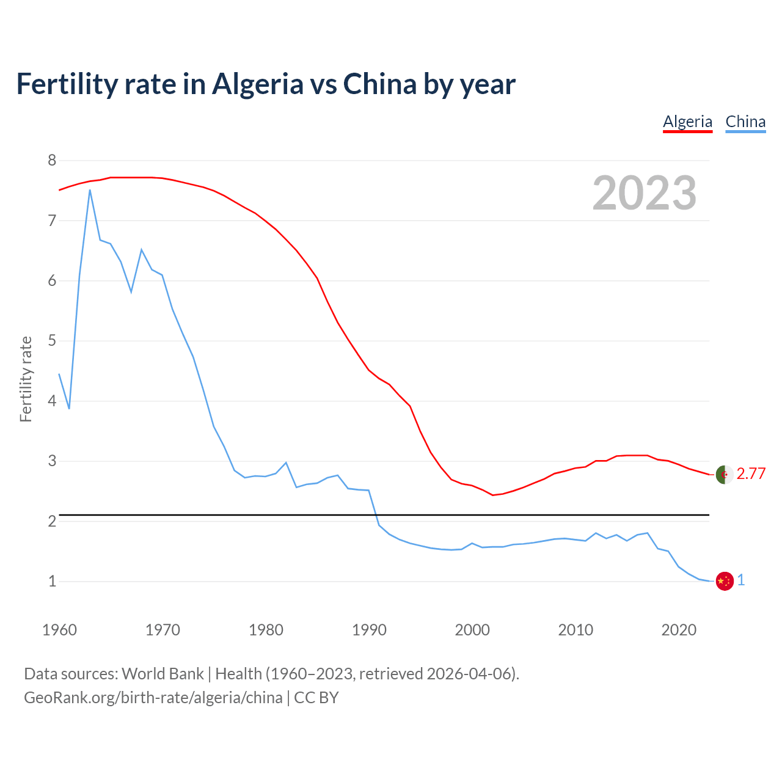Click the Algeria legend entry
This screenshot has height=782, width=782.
(x=687, y=122)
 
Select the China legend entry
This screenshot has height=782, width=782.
(x=745, y=122)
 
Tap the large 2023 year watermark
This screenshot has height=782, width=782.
(x=645, y=193)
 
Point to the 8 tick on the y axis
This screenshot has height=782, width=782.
(x=52, y=161)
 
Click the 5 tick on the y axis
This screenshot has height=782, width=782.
(x=52, y=341)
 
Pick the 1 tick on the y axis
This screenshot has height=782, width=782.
(x=52, y=581)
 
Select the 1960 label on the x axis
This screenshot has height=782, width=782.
(x=59, y=630)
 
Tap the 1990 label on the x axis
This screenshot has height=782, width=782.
(x=369, y=630)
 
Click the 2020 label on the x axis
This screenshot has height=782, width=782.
(x=679, y=630)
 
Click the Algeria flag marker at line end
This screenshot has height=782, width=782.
(x=724, y=474)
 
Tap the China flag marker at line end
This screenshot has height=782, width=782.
(x=724, y=581)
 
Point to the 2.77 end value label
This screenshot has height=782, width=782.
(x=751, y=474)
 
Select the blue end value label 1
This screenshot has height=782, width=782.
(x=741, y=580)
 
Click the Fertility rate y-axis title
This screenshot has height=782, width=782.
(x=26, y=379)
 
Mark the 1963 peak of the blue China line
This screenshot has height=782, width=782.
(x=90, y=190)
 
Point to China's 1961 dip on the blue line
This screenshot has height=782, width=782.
(x=69, y=408)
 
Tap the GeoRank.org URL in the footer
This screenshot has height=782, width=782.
(x=153, y=698)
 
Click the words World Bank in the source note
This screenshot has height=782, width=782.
(x=163, y=674)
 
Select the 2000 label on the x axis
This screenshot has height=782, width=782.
(x=472, y=630)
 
